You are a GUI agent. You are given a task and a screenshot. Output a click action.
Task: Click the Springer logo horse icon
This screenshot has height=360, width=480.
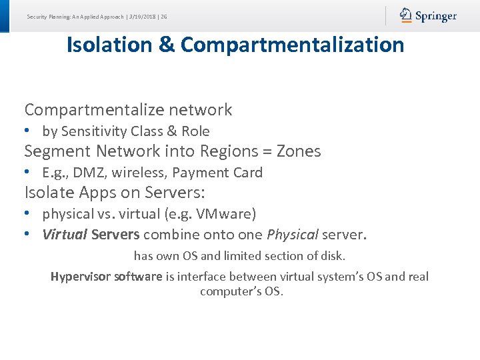[406, 15]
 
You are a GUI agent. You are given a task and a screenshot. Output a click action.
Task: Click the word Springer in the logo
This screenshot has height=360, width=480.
[436, 16]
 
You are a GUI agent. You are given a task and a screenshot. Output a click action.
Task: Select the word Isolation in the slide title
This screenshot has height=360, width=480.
[109, 45]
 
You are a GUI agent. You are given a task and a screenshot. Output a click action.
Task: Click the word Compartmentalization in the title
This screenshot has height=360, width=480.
[292, 45]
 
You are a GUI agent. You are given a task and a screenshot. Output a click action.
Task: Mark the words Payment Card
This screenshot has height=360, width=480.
[217, 173]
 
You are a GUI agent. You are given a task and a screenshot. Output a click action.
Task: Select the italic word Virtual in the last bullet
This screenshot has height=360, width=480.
[65, 235]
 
